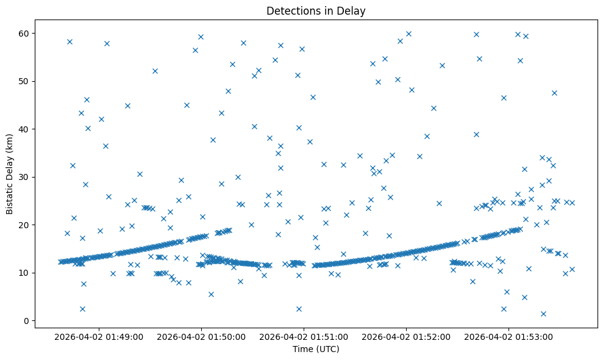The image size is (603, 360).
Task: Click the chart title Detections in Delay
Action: (x=316, y=11)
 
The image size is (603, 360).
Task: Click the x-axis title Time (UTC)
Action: (x=316, y=349)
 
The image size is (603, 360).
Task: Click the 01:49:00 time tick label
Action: (x=99, y=336)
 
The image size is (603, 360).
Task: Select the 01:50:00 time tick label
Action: (x=201, y=336)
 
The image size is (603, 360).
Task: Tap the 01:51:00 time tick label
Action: (x=304, y=336)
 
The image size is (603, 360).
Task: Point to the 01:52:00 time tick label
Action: (x=406, y=336)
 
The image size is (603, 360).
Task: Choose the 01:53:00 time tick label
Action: (x=508, y=336)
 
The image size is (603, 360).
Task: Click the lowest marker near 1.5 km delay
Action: (x=543, y=314)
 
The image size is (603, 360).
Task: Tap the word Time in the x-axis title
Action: (x=302, y=349)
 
